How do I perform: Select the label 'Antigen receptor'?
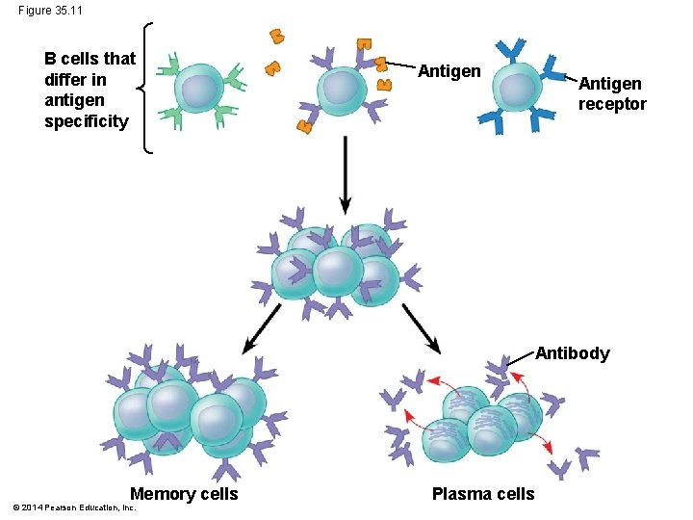point(612,94)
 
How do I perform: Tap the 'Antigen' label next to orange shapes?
point(449,71)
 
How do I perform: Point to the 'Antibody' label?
point(572,353)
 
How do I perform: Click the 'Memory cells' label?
point(184,494)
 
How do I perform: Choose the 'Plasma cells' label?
point(482,494)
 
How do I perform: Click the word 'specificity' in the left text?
point(86,121)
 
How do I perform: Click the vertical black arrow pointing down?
point(346,173)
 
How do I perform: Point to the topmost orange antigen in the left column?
point(277,37)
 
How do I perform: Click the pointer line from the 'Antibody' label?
point(520,359)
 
